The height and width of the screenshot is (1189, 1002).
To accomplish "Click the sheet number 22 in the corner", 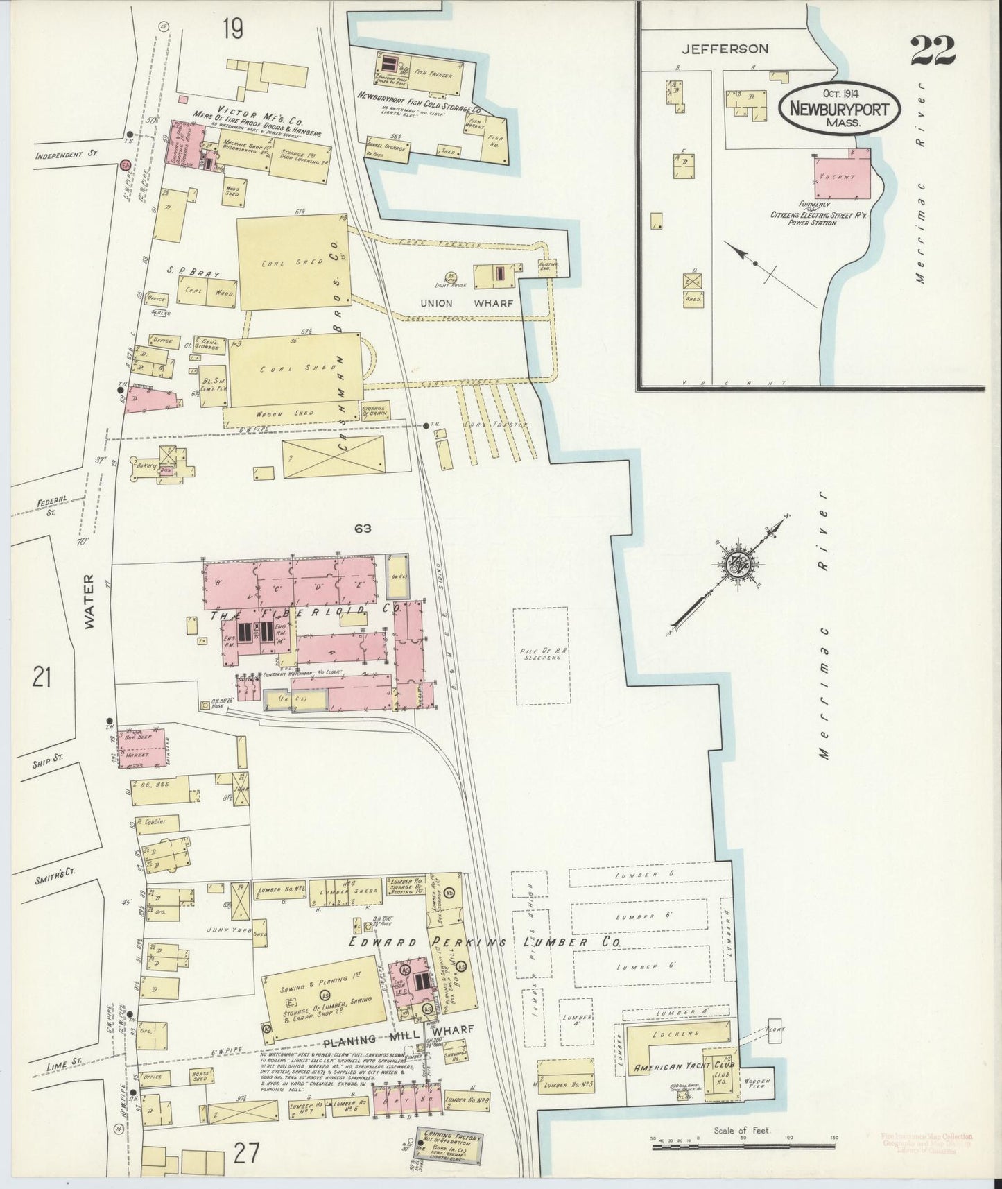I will click(x=933, y=50).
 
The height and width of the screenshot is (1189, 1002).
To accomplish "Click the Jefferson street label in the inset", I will click(x=725, y=49).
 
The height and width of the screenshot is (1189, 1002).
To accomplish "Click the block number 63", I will click(x=362, y=529).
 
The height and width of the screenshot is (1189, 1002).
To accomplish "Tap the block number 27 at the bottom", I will click(x=246, y=1154).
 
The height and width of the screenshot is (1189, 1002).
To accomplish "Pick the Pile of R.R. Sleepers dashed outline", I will click(x=540, y=656).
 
